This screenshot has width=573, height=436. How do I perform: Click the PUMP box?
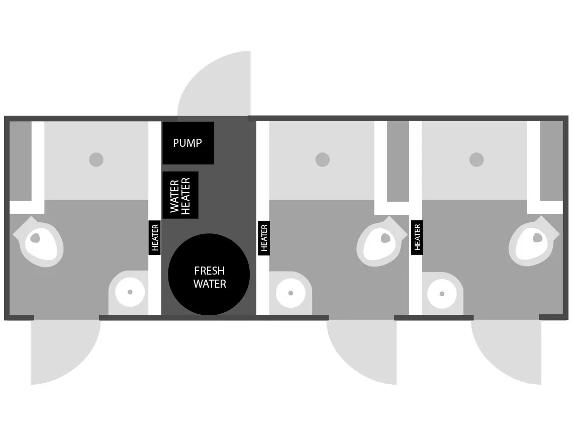tap(188, 143)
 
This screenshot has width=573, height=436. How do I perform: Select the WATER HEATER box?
tap(180, 195)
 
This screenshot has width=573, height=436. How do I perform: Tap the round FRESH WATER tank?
tap(209, 275)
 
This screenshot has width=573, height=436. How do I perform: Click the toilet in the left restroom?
tap(39, 243)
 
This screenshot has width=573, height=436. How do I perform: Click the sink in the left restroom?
tap(130, 292)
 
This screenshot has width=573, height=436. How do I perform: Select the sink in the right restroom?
tap(442, 294)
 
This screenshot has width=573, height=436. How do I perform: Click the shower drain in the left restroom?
tap(96, 160)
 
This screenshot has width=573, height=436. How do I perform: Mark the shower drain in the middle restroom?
tap(322, 160)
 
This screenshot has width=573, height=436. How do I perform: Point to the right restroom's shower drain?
tap(476, 160)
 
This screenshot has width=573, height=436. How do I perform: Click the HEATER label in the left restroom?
tap(155, 237)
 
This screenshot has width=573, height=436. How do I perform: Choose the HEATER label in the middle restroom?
tap(264, 238)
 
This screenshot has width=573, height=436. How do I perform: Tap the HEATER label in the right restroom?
tap(417, 237)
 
